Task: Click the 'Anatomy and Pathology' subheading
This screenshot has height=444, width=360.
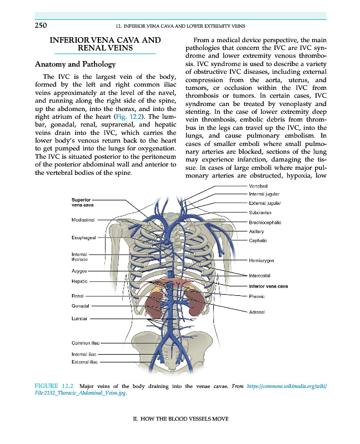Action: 71,64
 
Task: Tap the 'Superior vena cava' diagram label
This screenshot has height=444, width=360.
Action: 82,203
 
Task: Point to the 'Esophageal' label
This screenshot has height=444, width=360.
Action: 83,238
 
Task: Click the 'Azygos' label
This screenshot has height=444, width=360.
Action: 79,271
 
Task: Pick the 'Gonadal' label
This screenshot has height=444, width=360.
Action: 81,306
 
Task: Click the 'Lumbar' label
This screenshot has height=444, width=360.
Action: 80,319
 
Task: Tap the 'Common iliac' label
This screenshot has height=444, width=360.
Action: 85,344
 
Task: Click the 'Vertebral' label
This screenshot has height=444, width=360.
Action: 258,185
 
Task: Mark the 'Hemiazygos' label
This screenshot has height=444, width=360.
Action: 262,260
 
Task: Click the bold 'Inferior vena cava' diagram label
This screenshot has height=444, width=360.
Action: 268,286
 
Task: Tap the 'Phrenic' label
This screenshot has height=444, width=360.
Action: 257,296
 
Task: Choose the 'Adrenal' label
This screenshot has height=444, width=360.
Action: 257,312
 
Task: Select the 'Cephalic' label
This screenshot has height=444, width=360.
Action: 258,240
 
